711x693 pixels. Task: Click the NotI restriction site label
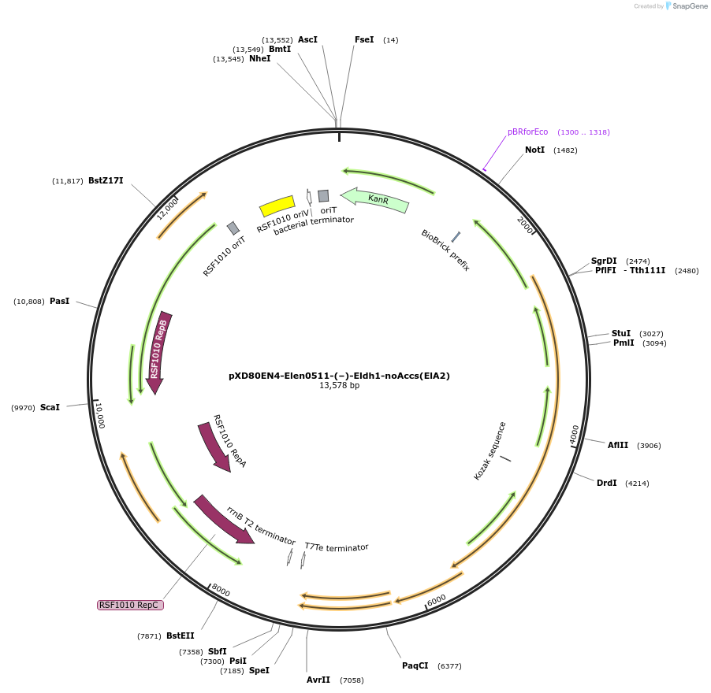(x=534, y=150)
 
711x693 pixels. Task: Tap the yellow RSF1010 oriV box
(x=277, y=206)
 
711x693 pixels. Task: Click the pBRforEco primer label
(x=527, y=132)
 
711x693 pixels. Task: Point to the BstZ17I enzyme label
(x=106, y=180)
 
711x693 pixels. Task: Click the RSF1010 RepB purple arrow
(x=158, y=352)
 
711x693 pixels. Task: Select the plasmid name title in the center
(x=339, y=376)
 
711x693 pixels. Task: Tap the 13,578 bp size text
(x=339, y=386)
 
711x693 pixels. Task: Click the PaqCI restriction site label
(x=415, y=665)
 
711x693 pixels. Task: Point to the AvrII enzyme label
(x=318, y=680)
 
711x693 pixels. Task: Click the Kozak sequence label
(x=490, y=450)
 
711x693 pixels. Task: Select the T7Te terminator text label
(x=336, y=547)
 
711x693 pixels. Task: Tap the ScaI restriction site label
(x=50, y=407)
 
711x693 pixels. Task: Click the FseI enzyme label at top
(x=364, y=39)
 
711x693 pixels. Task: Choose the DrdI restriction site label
(x=606, y=484)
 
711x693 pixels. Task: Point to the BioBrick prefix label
(x=445, y=250)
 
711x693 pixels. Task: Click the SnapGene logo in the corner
(x=685, y=6)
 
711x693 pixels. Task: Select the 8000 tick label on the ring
(x=221, y=591)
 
